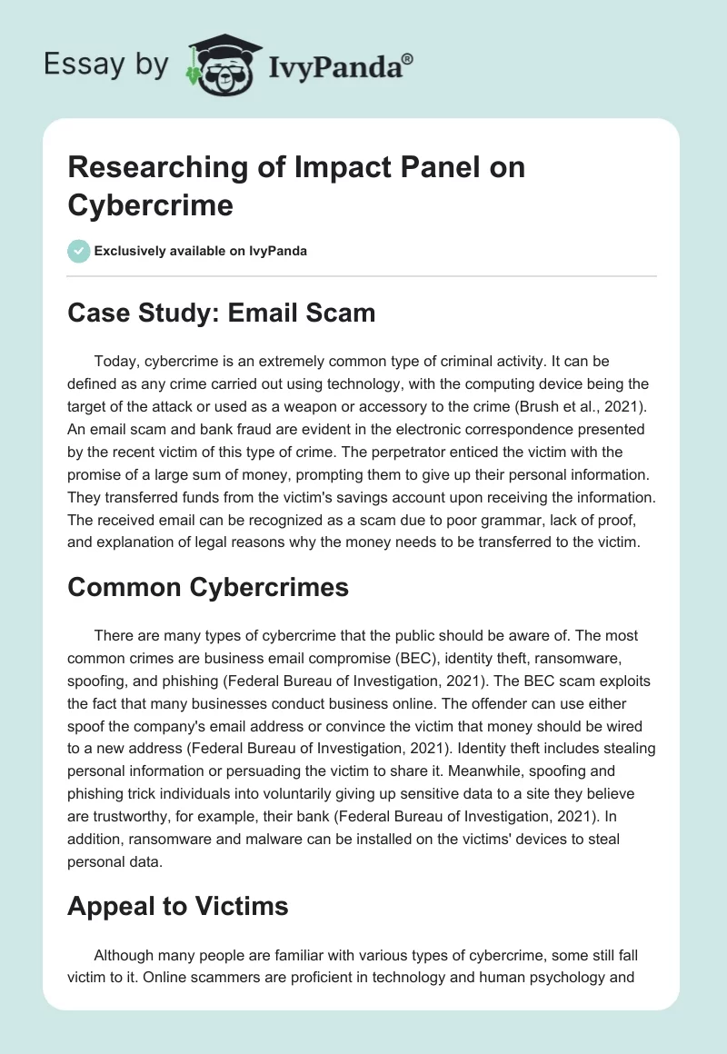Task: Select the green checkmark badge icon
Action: pos(78,251)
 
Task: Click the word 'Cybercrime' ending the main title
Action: pos(151,205)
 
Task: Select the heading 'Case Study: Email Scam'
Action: pos(221,313)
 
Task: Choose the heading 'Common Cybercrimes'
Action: pos(208,587)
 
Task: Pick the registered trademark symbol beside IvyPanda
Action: pos(408,59)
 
